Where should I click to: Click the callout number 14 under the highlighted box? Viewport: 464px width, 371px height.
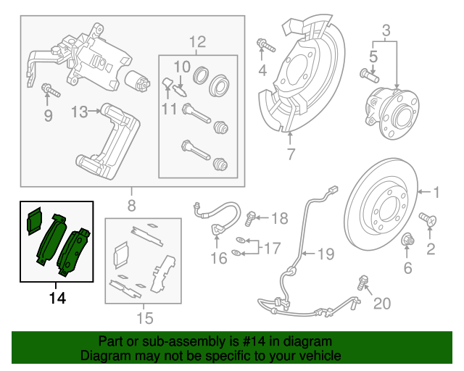click(57, 298)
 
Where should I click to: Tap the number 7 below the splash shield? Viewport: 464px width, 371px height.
click(291, 154)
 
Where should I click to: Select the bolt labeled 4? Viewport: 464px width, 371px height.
click(266, 45)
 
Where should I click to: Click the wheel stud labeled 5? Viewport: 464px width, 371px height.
click(370, 75)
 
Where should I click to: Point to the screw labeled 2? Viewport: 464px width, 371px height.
click(428, 220)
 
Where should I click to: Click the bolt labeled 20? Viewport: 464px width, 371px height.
click(362, 283)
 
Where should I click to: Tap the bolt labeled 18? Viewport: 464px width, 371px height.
click(250, 219)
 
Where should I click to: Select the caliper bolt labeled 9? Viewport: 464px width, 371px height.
click(51, 90)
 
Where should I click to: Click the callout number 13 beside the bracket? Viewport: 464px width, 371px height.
click(80, 112)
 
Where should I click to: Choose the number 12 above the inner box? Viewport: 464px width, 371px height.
click(197, 42)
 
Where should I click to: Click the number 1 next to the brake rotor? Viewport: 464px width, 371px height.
click(436, 192)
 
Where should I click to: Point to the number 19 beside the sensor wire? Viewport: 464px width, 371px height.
click(326, 254)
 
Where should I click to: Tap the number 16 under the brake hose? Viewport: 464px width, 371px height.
click(219, 258)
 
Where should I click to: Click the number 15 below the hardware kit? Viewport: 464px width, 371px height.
click(145, 318)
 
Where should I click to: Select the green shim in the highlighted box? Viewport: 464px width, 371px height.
click(35, 221)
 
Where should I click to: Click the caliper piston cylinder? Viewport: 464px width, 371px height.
click(137, 82)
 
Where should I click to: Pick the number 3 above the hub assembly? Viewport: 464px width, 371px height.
click(386, 30)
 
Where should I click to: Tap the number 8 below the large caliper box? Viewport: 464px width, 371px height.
click(132, 205)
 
